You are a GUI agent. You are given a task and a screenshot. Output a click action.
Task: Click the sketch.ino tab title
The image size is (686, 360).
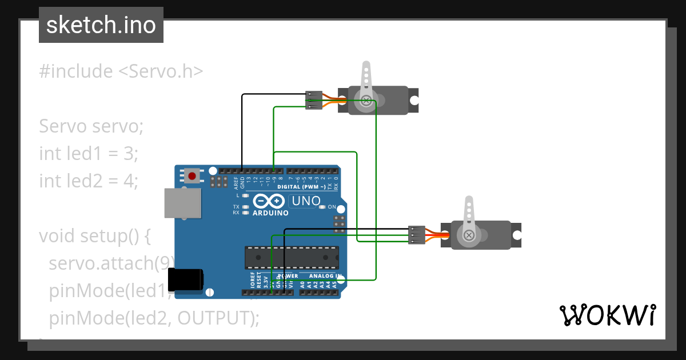tap(101, 25)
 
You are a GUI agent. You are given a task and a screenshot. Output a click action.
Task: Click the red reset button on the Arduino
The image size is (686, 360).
tap(193, 175)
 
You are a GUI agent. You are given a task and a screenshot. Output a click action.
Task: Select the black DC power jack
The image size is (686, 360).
tap(186, 280)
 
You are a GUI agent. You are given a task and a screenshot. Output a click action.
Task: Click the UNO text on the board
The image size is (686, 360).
tap(305, 201)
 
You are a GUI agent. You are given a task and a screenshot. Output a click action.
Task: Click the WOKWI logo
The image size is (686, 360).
tap(607, 315)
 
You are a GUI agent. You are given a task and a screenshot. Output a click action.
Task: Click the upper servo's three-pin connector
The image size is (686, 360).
tap(313, 101)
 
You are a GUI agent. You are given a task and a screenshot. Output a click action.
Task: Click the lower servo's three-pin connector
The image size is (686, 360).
tap(417, 235)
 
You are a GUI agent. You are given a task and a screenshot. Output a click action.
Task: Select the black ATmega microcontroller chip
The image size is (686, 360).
tap(292, 257)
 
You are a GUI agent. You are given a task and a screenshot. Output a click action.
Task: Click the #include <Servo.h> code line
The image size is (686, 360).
tap(121, 71)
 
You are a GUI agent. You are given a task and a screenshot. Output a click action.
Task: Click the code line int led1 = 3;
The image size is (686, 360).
tap(89, 153)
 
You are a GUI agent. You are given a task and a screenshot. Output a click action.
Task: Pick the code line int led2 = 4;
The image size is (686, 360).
tap(89, 181)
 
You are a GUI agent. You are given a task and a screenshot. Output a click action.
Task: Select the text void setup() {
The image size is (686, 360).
tap(94, 235)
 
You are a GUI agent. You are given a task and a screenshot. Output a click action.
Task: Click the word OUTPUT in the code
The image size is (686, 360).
tap(216, 318)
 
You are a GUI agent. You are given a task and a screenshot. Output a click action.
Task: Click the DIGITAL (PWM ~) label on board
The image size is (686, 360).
tap(301, 187)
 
